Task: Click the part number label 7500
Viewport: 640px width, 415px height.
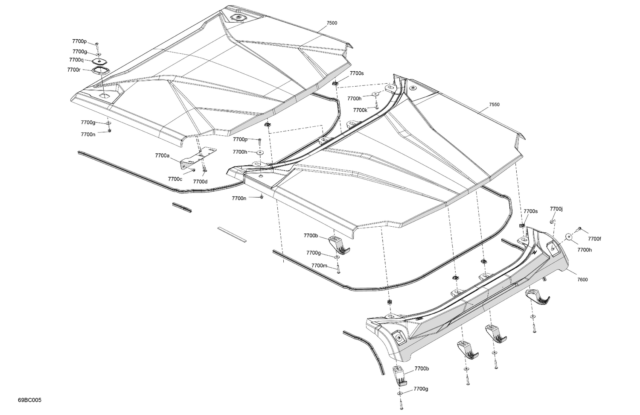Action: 332,23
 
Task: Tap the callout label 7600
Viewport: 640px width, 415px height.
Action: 582,280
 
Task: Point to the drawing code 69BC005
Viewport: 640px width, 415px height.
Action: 30,400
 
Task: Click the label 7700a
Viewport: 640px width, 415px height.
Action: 162,156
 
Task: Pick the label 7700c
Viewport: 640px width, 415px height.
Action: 175,179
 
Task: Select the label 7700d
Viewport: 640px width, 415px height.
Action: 200,181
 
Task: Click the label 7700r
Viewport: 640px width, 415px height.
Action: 74,70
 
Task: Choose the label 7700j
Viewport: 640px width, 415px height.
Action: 556,209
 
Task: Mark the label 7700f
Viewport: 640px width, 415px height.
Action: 594,239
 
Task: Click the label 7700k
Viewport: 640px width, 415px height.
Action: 360,110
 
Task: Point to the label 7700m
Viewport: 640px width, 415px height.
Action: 319,266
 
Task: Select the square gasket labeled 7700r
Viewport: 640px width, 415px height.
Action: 100,70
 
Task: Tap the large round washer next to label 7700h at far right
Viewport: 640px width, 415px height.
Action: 569,236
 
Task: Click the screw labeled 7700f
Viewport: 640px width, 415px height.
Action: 580,229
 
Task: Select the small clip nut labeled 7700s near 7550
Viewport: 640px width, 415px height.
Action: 336,83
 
